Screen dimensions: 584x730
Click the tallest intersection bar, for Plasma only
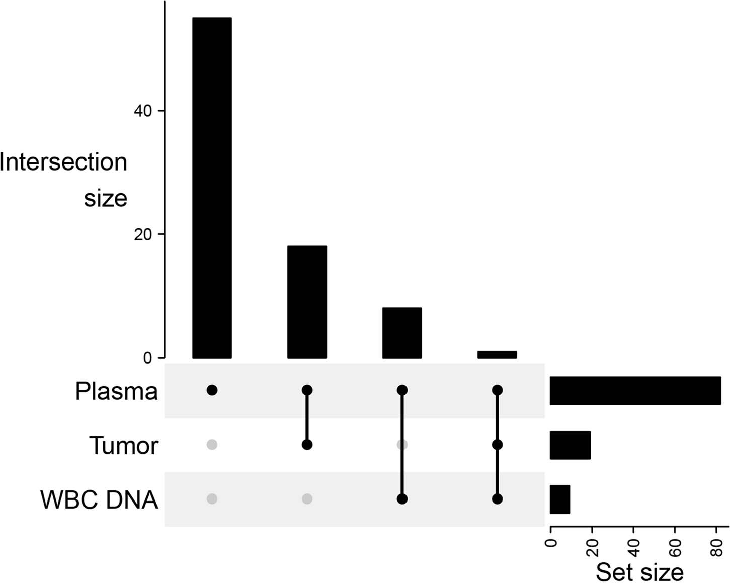212,188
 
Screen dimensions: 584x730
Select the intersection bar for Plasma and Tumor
307,302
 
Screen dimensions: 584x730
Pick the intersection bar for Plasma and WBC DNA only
402,332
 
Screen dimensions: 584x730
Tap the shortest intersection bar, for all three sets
497,355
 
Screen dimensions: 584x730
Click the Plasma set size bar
635,390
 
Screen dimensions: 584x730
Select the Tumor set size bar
570,445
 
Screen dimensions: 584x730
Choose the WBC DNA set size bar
560,499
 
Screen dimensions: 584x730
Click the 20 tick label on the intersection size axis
143,234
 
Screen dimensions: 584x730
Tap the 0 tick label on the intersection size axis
147,358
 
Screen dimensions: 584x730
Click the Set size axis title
639,572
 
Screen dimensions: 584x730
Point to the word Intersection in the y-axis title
64,162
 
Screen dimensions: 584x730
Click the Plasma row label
116,391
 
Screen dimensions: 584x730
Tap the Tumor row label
123,446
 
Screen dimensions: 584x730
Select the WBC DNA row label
99,500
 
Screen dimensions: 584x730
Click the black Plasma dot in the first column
212,390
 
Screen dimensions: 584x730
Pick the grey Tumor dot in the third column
402,445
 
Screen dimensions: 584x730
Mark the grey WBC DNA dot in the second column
307,499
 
